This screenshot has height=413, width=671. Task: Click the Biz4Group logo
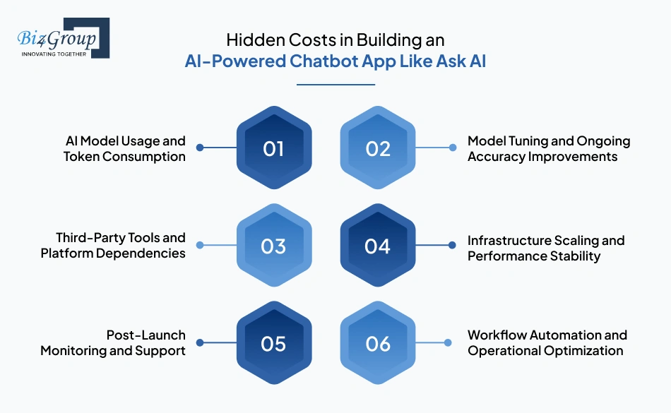[x=64, y=38]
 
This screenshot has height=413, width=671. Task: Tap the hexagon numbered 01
[x=273, y=148]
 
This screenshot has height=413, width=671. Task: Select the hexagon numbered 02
[x=378, y=148]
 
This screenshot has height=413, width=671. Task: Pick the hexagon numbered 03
[x=273, y=246]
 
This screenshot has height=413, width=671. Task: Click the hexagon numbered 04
[x=378, y=246]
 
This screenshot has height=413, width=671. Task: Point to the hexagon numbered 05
[x=273, y=343]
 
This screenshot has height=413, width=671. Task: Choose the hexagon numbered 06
[x=378, y=343]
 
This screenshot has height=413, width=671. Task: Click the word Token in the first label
[x=82, y=157]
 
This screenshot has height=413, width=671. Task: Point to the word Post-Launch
[x=146, y=335]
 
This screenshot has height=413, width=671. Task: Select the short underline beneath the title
[x=335, y=85]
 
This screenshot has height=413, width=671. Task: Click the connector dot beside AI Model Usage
[x=200, y=148]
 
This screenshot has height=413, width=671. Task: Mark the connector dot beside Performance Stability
[x=452, y=246]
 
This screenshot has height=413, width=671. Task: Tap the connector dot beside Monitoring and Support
[x=200, y=343]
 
